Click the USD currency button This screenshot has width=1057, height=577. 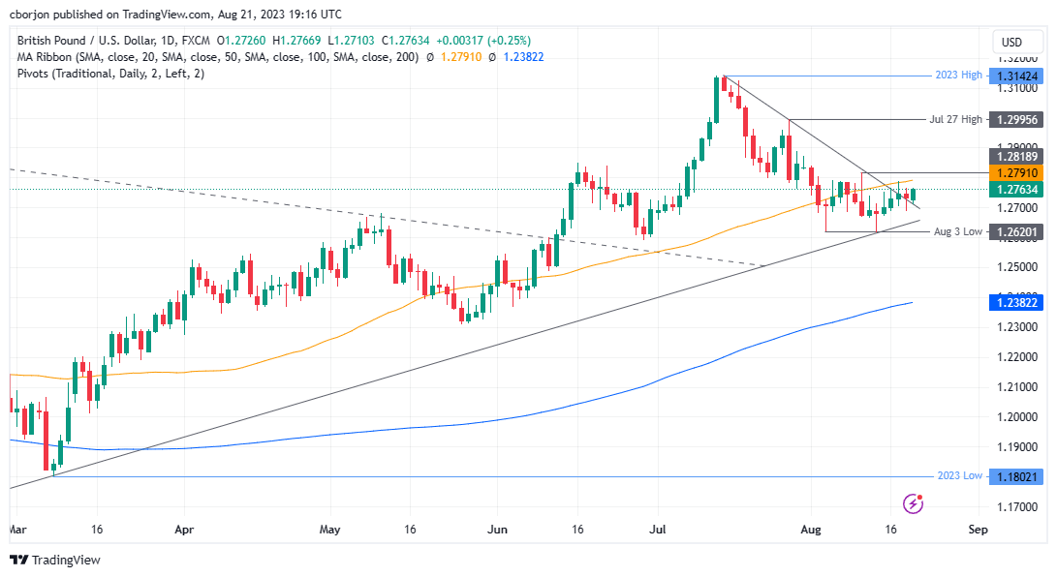1010,42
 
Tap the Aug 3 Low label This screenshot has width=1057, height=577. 957,232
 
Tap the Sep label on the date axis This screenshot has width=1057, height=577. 978,530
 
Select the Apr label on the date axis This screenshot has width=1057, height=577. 184,530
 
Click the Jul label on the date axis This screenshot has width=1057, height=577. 657,530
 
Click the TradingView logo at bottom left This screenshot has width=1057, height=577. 55,560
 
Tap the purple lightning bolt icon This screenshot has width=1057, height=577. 912,502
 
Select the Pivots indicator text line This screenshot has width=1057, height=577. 109,74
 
